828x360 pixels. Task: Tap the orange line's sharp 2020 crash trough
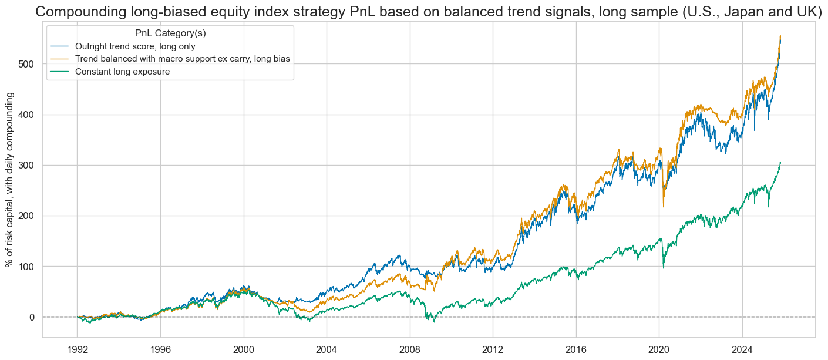(x=664, y=206)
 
